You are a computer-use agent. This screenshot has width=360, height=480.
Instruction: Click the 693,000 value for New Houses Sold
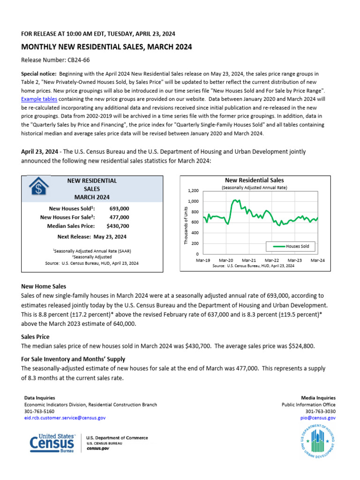point(119,208)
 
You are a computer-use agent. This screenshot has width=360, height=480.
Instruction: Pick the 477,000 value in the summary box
point(119,217)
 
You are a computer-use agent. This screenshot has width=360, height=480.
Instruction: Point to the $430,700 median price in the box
point(118,226)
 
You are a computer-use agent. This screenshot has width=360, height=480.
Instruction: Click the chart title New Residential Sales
point(254,180)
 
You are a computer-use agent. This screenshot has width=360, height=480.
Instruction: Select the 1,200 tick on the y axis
point(193,191)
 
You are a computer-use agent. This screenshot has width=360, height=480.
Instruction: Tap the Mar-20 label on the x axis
point(226,260)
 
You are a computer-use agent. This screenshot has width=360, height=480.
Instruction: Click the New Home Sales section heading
point(44,286)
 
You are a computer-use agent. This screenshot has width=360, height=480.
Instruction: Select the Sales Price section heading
point(35,337)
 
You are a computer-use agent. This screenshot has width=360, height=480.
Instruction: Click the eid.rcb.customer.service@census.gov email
point(65,417)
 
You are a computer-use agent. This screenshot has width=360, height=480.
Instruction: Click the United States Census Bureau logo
point(52,443)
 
